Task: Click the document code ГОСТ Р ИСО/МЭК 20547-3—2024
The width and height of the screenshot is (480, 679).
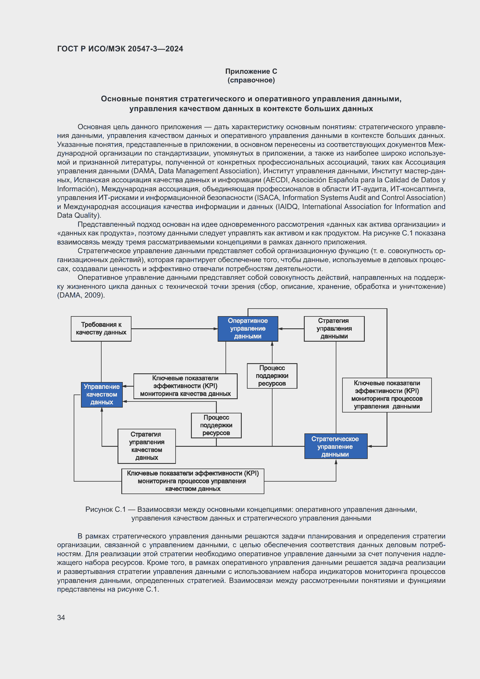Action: [x=120, y=49]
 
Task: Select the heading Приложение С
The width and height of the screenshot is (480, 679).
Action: [x=251, y=71]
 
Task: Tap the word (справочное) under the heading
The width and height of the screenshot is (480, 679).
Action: [x=251, y=80]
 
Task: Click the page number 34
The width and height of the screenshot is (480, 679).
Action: [x=61, y=617]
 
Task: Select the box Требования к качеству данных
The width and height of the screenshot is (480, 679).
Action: [x=101, y=329]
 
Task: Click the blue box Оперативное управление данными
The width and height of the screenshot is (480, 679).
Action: [x=248, y=329]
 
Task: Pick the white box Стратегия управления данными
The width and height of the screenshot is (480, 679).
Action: [x=334, y=329]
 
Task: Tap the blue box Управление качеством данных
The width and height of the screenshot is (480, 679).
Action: [x=102, y=395]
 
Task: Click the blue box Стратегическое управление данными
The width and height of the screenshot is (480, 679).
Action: [x=335, y=446]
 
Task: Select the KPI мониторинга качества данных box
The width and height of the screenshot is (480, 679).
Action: [x=185, y=386]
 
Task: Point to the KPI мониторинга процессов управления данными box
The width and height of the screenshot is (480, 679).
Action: [x=387, y=395]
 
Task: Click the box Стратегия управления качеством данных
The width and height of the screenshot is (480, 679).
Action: [x=147, y=446]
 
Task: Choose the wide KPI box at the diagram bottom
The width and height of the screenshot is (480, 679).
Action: [x=193, y=481]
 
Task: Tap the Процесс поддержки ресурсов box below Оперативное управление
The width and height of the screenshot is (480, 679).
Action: [x=272, y=376]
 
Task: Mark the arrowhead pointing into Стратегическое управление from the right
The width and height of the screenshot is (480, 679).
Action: [x=370, y=446]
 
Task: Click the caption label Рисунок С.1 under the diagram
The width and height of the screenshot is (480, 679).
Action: [x=106, y=509]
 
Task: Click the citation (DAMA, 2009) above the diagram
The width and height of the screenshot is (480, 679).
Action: [x=81, y=295]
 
